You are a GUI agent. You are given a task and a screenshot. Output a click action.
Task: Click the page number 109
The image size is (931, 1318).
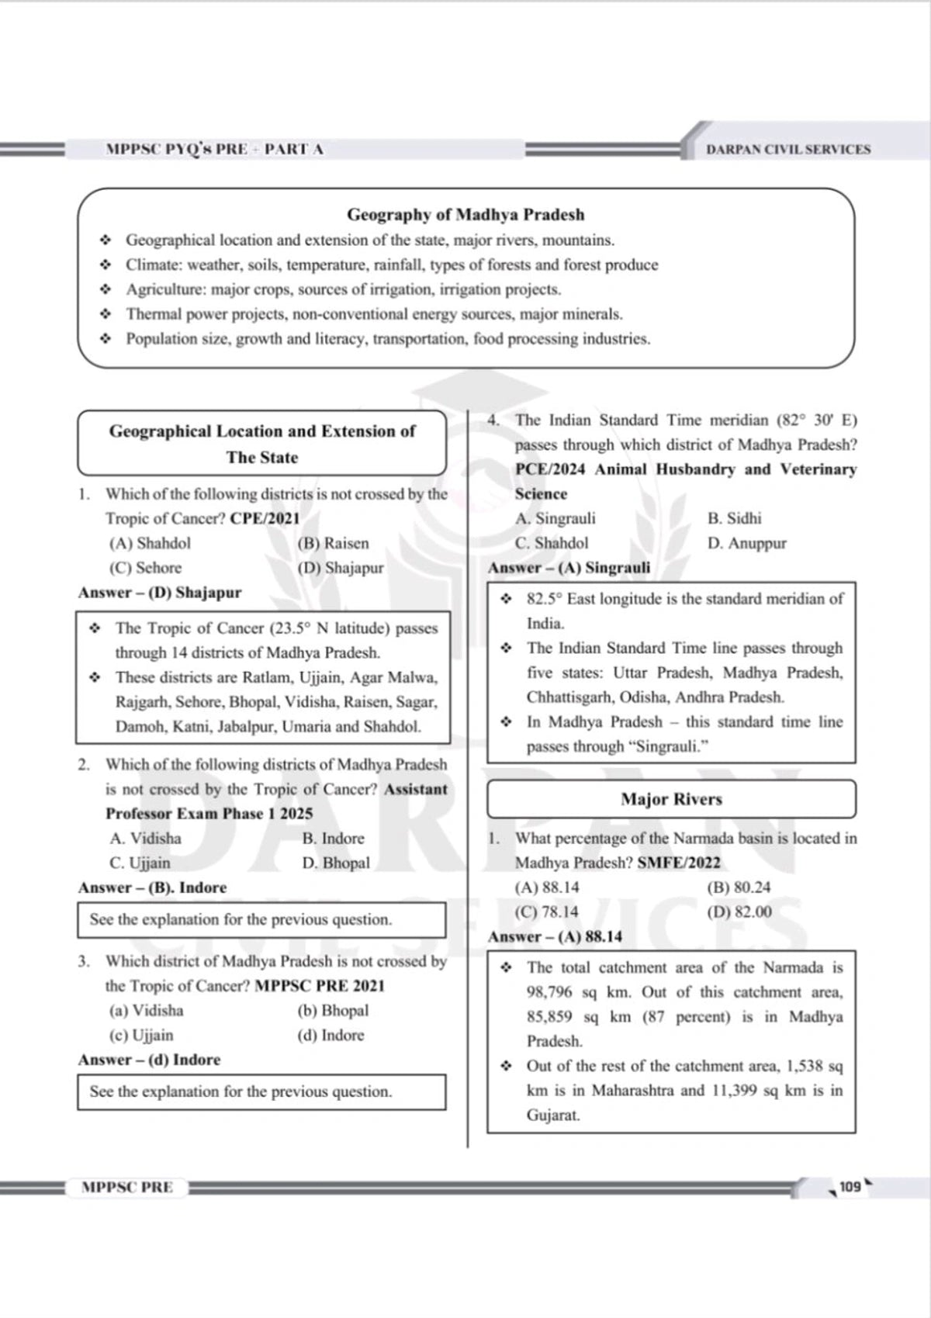tap(850, 1186)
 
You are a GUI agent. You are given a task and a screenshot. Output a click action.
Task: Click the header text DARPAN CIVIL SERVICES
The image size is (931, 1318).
tap(788, 149)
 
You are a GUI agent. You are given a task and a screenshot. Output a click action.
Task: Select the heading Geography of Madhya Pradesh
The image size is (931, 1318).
tap(465, 214)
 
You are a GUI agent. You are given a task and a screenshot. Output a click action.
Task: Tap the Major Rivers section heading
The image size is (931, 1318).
tap(671, 799)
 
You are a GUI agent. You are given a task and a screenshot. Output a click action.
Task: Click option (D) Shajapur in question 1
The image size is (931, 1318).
tap(341, 568)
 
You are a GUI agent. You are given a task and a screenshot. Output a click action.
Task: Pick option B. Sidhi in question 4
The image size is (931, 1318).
tap(734, 518)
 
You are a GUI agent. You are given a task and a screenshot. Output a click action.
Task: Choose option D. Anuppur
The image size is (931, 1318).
tap(746, 543)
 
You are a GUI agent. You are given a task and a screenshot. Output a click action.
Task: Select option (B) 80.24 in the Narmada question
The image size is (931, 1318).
tap(739, 887)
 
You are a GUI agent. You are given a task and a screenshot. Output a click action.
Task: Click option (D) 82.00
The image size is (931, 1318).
tap(739, 912)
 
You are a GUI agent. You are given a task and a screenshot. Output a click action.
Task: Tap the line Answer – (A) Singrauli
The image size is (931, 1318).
tap(569, 568)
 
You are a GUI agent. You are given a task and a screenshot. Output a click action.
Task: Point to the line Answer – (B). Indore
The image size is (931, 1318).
tap(152, 887)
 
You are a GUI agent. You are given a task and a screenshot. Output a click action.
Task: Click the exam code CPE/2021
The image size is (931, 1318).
tap(265, 518)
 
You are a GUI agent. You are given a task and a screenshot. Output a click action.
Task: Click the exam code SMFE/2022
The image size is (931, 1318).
tap(679, 863)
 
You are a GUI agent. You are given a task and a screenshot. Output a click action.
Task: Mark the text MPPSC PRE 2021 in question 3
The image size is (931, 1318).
tap(320, 986)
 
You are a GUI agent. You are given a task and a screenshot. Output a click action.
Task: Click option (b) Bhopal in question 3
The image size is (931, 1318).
tap(333, 1011)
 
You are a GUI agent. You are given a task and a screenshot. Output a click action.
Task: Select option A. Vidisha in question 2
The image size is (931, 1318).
tap(145, 839)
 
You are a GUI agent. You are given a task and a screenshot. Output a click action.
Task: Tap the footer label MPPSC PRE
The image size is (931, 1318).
tap(127, 1187)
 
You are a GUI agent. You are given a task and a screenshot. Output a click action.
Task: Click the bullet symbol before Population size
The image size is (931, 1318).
tap(106, 339)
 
